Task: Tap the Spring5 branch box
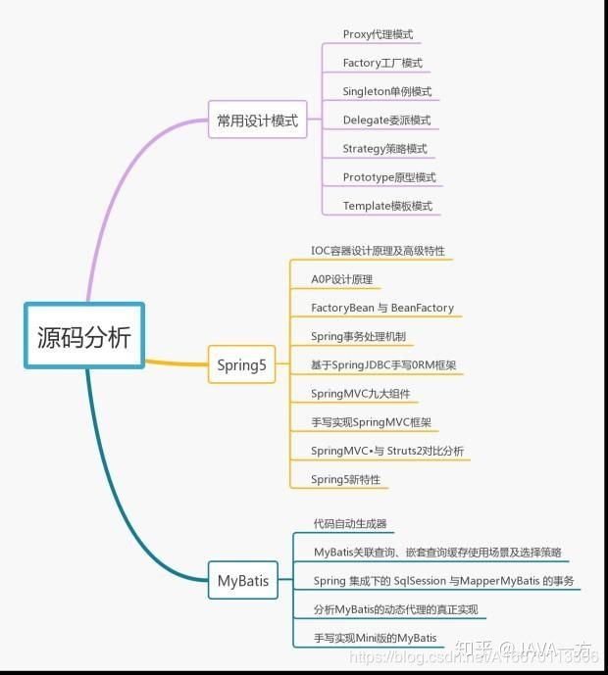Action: click(x=241, y=365)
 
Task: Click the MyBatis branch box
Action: click(x=241, y=580)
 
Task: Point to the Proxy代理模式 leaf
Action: click(x=378, y=34)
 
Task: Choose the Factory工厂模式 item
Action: click(x=382, y=63)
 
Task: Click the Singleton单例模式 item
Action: click(x=386, y=91)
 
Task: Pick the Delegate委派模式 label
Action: click(x=386, y=121)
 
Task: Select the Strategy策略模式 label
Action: click(x=384, y=149)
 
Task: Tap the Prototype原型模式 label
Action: click(x=389, y=177)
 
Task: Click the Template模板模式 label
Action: click(x=386, y=206)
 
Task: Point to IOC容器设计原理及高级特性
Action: click(x=378, y=251)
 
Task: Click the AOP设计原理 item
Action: click(x=341, y=279)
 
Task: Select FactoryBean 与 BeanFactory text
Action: click(x=382, y=308)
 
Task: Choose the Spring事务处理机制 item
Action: click(x=358, y=336)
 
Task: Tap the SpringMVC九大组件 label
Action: click(x=360, y=394)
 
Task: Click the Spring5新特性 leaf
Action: click(x=345, y=480)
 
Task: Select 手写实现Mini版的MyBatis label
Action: click(x=375, y=639)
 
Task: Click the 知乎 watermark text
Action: click(x=480, y=649)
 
